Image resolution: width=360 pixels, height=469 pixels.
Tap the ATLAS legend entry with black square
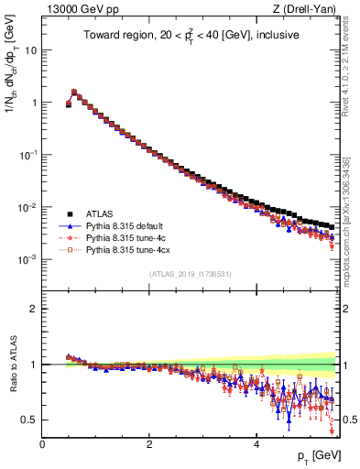pos(104,213)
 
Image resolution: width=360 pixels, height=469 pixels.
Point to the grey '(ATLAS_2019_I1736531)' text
pos(190,273)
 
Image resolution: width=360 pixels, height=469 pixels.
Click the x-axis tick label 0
pos(42,444)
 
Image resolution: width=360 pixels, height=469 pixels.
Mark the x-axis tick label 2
pos(148,444)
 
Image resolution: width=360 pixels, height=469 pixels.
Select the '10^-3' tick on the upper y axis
pos(27,259)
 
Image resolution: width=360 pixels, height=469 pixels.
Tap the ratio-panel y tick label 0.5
pos(28,420)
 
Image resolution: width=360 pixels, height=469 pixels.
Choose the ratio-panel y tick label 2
pos(32,309)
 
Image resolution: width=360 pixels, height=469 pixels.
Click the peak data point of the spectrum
pos(74,92)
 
